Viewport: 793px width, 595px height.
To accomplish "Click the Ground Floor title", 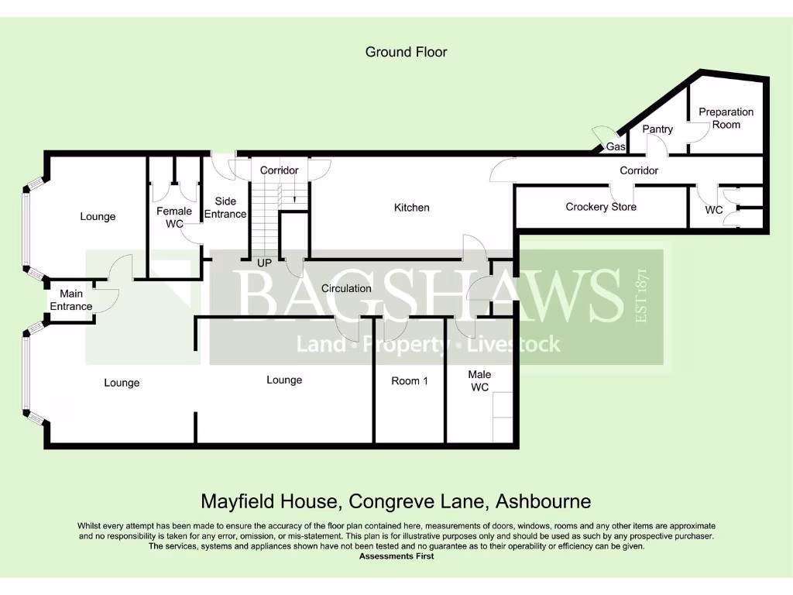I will tap(406, 52).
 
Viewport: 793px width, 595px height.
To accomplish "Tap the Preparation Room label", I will tap(726, 118).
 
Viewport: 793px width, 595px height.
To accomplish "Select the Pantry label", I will tap(657, 129).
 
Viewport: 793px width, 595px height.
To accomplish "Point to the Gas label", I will tap(616, 146).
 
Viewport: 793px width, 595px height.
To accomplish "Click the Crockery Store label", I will tap(601, 207).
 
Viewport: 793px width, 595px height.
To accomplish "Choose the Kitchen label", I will tap(411, 208).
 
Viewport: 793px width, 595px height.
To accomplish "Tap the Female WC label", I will tap(173, 218).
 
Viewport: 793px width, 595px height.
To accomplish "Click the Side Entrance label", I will tap(225, 208).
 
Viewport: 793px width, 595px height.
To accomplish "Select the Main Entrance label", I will tap(71, 300).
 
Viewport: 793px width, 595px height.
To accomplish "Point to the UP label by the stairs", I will tap(264, 263).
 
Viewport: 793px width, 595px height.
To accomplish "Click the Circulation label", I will tap(346, 288).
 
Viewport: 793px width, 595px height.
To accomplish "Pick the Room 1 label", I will tap(410, 380).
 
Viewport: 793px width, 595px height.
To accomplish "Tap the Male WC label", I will tap(479, 380).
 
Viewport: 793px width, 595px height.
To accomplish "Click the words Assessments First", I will tap(396, 556).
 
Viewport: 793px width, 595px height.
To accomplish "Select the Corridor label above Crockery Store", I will tap(639, 170).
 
